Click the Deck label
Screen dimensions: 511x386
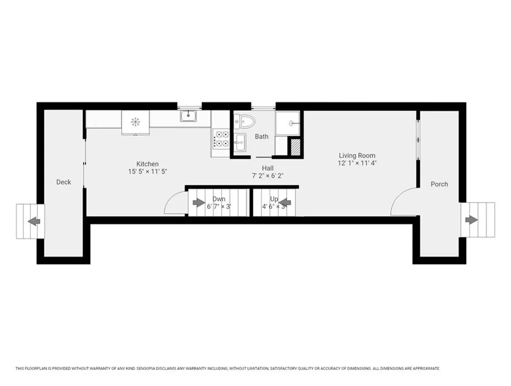[x=63, y=182]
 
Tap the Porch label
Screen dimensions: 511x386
[x=439, y=184]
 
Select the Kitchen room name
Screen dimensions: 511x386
[x=147, y=164]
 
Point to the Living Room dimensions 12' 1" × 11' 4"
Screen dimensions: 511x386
[x=357, y=163]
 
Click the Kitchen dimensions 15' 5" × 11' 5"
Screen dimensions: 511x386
[x=148, y=171]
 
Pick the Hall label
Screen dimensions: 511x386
[x=268, y=168]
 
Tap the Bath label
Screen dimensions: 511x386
[x=261, y=136]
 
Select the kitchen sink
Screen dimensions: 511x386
[x=188, y=116]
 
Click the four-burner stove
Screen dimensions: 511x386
[x=221, y=138]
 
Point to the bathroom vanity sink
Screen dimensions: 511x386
[x=241, y=142]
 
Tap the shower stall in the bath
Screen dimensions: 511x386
[x=287, y=123]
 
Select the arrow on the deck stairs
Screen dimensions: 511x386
[x=34, y=221]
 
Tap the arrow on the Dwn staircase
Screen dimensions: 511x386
[x=199, y=203]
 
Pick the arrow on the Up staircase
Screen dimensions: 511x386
[x=284, y=203]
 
